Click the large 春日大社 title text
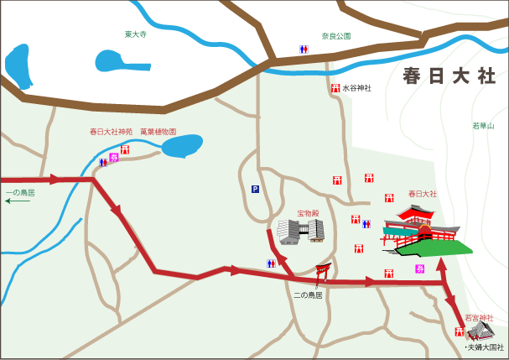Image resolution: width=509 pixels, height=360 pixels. (449, 76)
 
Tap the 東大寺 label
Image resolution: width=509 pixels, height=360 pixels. (136, 34)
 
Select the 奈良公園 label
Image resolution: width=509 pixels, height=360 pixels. (335, 36)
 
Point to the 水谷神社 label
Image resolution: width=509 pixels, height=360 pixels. (356, 87)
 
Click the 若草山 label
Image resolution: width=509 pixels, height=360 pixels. (484, 126)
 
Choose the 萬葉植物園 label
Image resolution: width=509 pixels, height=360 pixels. (158, 132)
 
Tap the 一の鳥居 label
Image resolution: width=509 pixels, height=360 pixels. (20, 193)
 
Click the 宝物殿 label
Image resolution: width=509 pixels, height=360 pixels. (309, 213)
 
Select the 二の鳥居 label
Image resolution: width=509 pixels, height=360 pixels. (308, 295)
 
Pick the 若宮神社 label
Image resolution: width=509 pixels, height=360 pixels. (479, 317)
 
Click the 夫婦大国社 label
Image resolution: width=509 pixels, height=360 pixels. (486, 347)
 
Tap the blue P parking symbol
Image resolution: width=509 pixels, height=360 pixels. (255, 189)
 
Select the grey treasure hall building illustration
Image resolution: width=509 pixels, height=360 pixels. (300, 231)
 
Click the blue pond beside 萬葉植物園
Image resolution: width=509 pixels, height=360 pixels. (181, 147)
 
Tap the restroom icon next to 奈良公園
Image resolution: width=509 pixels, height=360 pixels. (304, 49)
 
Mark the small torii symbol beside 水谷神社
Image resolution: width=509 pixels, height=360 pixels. (335, 87)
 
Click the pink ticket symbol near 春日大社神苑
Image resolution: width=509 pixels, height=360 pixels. (115, 157)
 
